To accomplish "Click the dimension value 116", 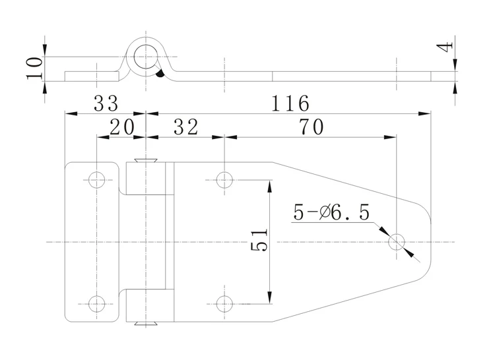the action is pyautogui.click(x=290, y=103).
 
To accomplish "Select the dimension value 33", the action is pyautogui.click(x=106, y=103).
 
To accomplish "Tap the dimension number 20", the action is pyautogui.click(x=122, y=127).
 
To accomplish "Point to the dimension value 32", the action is pyautogui.click(x=186, y=127).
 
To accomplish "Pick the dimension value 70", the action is pyautogui.click(x=312, y=127).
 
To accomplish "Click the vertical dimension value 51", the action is pyautogui.click(x=259, y=239).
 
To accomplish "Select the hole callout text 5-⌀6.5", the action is pyautogui.click(x=331, y=212).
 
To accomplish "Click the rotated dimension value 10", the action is pyautogui.click(x=34, y=68).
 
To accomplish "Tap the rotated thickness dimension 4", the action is pyautogui.click(x=445, y=47).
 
